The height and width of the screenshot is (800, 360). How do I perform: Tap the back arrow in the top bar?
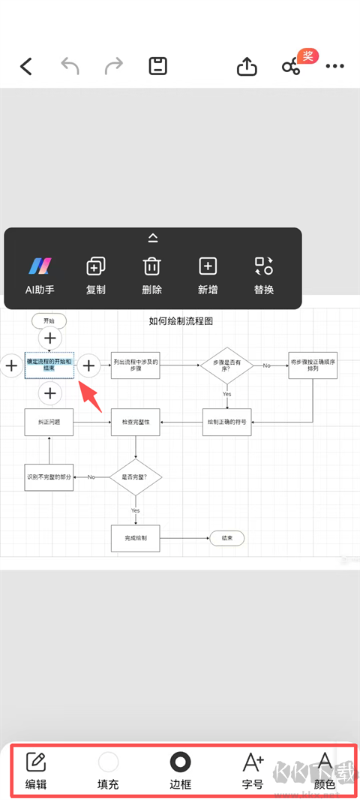point(26,67)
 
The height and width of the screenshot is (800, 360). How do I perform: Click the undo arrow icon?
point(70,66)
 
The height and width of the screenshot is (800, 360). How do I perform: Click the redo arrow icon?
point(114,66)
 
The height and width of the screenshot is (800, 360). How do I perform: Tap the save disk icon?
point(157,66)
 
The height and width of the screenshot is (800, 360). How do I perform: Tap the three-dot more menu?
point(334,66)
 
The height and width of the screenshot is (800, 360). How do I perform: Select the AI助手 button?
point(39,275)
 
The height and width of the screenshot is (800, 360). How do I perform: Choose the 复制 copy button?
point(96,275)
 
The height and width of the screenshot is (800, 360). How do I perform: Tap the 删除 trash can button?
point(151,275)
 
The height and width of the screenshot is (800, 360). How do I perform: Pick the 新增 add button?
point(208,275)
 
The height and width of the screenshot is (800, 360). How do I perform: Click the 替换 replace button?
point(264,275)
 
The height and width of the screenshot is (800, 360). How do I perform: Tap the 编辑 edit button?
point(36,771)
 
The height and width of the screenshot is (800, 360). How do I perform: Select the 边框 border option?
point(181,771)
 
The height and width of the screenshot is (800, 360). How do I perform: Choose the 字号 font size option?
point(253,771)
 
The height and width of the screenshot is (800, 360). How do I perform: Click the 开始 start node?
point(49,320)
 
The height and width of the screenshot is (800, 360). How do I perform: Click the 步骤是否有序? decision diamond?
point(226,365)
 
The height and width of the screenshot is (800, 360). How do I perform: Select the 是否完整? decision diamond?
point(135,477)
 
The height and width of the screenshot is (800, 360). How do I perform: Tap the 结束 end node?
point(226,538)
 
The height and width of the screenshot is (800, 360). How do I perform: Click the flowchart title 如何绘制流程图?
point(181,321)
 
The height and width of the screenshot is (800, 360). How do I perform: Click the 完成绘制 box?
point(135,538)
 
